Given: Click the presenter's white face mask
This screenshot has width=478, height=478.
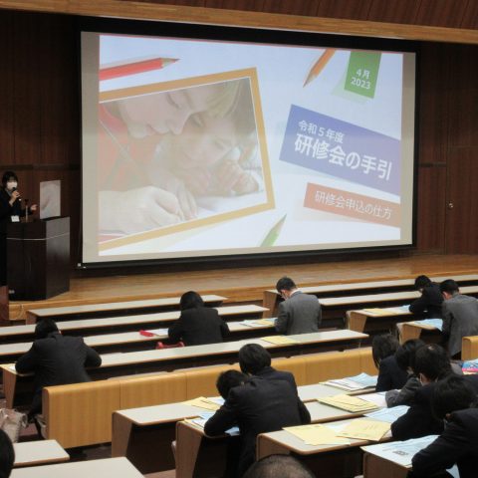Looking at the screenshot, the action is pyautogui.click(x=12, y=183).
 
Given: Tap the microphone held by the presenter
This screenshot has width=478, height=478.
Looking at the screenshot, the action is pyautogui.click(x=16, y=192).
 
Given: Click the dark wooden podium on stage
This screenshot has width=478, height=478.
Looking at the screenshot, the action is pyautogui.click(x=38, y=257).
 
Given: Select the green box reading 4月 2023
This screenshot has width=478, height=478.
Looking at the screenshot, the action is pyautogui.click(x=361, y=75).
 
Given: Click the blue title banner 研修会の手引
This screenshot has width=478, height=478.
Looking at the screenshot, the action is pyautogui.click(x=341, y=149).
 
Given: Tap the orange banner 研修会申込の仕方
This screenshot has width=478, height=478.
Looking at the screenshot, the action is pyautogui.click(x=353, y=205).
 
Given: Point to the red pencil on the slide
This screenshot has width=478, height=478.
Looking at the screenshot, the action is pyautogui.click(x=138, y=67).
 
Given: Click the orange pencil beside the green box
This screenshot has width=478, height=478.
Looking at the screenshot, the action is pyautogui.click(x=320, y=67).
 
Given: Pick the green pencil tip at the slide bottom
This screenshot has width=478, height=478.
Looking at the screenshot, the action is pyautogui.click(x=273, y=231).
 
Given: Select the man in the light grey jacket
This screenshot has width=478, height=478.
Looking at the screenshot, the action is pyautogui.click(x=298, y=307).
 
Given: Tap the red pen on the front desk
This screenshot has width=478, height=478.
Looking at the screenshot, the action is pyautogui.click(x=146, y=333).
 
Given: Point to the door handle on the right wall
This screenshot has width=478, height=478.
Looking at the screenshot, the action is pyautogui.click(x=450, y=204).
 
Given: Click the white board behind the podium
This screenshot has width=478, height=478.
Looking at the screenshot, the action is pyautogui.click(x=50, y=199).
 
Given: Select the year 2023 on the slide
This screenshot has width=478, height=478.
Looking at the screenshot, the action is pyautogui.click(x=360, y=83).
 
